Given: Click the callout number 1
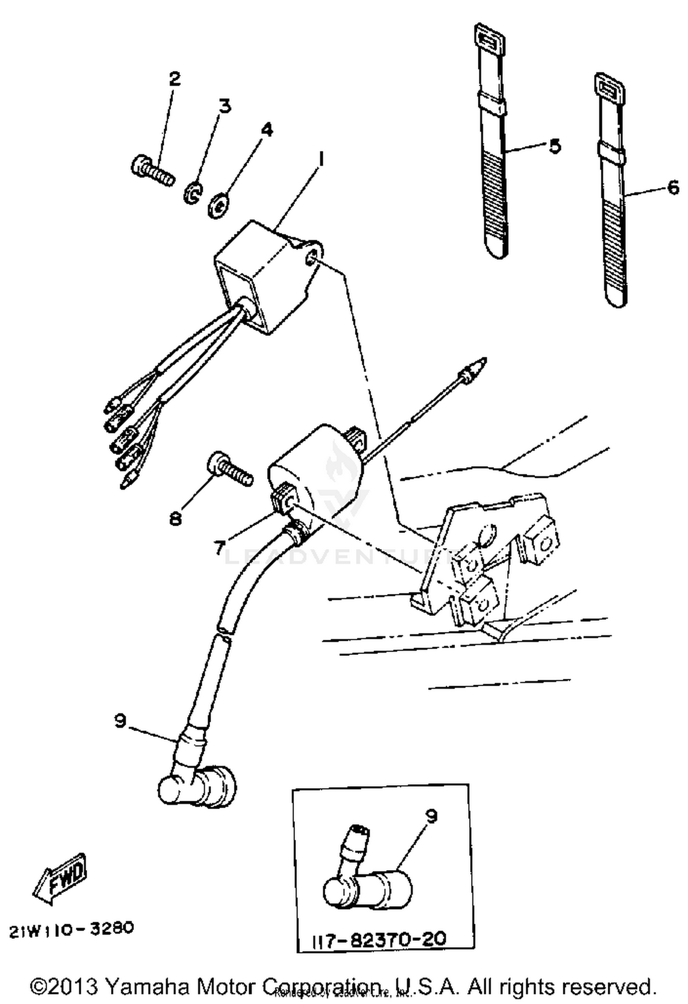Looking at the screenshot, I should (x=321, y=161).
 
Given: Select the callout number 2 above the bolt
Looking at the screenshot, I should (x=174, y=79).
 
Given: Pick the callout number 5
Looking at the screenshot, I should (x=555, y=146).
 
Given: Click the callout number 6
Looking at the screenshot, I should (x=672, y=187).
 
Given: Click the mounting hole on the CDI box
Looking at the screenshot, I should (x=311, y=261).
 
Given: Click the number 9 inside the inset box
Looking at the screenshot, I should (x=431, y=815).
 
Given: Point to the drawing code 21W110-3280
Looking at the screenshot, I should (x=71, y=929).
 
